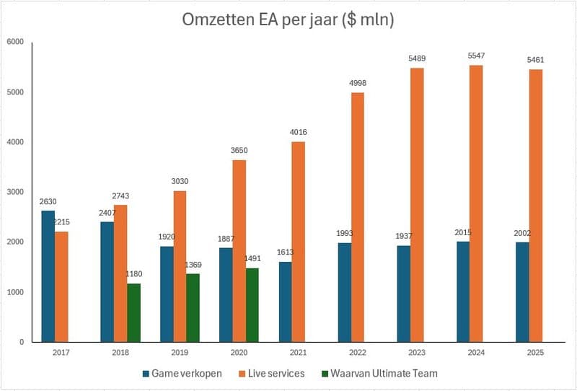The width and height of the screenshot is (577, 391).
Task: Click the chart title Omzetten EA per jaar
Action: [288, 19]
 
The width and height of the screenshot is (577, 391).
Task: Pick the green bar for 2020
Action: [252, 304]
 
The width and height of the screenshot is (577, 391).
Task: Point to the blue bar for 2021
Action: [286, 302]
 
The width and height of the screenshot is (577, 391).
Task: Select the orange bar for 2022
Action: [358, 216]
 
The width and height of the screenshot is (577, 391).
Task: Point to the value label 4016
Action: [299, 133]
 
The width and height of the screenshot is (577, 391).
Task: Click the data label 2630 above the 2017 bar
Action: [48, 202]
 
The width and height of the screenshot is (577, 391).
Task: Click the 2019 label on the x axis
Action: [180, 352]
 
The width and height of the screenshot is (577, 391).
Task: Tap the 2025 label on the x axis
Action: [534, 352]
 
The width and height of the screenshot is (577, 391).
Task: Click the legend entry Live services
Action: [275, 374]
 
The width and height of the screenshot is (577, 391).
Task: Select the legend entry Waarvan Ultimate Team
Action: [383, 374]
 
